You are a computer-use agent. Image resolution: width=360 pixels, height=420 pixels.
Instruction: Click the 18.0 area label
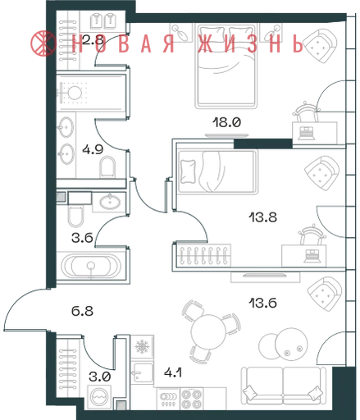[x=226, y=122]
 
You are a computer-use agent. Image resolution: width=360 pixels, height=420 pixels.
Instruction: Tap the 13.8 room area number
[x=262, y=217]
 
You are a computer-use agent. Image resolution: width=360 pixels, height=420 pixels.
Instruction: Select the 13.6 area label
[x=262, y=303]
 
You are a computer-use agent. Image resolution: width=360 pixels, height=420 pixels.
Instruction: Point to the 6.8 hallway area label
[x=82, y=311]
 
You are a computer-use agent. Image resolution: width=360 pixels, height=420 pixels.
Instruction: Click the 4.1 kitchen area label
[x=173, y=372]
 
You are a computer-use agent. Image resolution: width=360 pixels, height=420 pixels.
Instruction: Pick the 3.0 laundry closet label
[x=100, y=377]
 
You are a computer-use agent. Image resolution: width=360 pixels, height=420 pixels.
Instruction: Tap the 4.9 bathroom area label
[x=93, y=149]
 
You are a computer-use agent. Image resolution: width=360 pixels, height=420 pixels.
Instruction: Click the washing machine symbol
[x=99, y=397]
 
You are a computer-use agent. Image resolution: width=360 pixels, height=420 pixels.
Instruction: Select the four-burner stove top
[x=192, y=399]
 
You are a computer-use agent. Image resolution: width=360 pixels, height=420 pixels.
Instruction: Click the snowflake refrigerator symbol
[x=142, y=347]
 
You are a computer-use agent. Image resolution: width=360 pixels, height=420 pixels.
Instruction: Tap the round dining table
[x=209, y=332]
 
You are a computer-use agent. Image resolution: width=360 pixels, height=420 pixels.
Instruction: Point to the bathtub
[x=91, y=266]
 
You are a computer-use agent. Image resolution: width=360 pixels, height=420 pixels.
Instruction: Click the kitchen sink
[x=142, y=372]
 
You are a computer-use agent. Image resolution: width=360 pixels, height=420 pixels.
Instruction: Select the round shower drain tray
[x=75, y=93]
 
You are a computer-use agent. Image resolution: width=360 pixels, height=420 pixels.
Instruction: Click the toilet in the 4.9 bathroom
[x=107, y=167]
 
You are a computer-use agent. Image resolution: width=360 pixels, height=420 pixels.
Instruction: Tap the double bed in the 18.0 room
[x=226, y=66]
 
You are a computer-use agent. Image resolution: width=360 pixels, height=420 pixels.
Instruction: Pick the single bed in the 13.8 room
[x=217, y=171]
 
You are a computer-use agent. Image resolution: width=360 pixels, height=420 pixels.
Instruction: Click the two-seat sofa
[x=284, y=386]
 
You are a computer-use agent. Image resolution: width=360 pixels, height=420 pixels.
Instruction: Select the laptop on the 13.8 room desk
[x=311, y=256]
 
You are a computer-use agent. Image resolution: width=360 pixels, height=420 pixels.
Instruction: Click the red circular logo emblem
[x=43, y=43]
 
